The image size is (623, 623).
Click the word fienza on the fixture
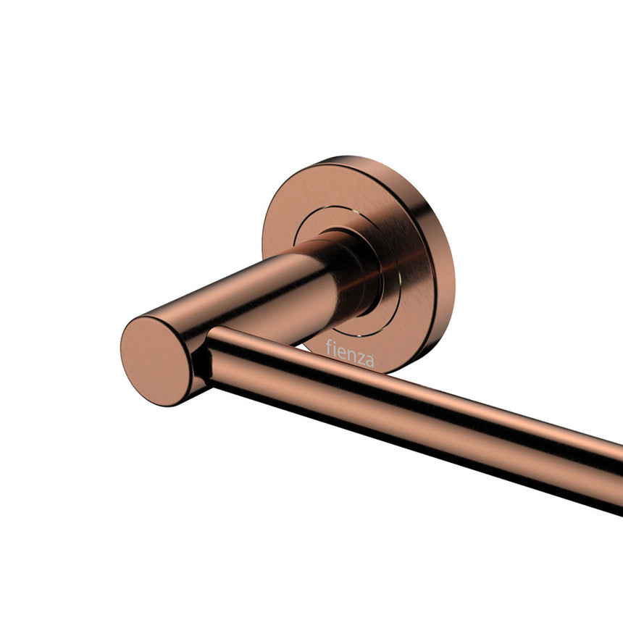pyautogui.click(x=350, y=354)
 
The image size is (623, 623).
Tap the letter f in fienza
pyautogui.click(x=328, y=348)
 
